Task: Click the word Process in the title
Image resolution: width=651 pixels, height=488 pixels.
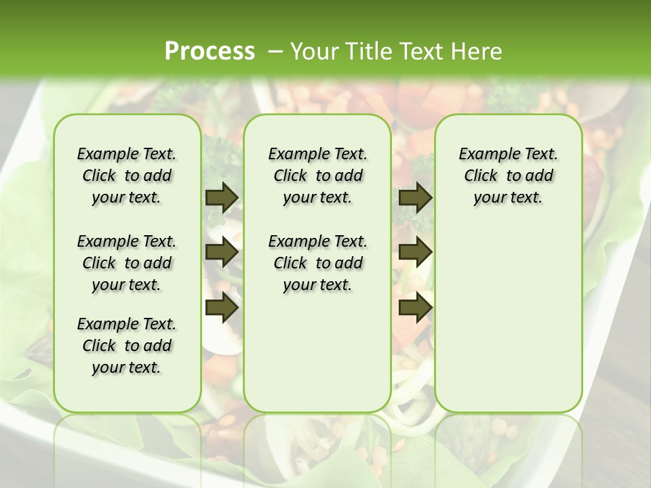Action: (210, 51)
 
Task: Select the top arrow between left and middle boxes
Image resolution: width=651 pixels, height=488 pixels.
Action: (221, 197)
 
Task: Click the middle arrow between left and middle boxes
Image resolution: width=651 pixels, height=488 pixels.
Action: (221, 253)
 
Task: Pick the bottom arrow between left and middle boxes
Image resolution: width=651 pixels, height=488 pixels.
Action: (221, 308)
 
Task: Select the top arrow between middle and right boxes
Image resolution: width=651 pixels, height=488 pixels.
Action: (415, 197)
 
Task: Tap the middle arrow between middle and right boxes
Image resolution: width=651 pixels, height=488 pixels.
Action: (415, 253)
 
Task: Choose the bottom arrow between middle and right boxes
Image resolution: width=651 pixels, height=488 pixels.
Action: (415, 308)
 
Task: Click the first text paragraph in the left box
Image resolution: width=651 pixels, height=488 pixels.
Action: (127, 176)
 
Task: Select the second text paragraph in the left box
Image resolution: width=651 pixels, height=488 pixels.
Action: (127, 263)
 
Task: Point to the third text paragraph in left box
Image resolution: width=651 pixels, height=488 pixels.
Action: (127, 346)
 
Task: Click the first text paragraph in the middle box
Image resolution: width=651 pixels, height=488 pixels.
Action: (318, 176)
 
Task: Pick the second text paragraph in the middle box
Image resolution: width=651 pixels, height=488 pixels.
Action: (318, 263)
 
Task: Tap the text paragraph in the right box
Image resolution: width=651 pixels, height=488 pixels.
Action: (509, 176)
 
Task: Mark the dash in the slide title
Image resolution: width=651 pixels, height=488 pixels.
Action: (275, 52)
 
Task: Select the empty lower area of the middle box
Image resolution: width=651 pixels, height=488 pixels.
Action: (317, 352)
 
